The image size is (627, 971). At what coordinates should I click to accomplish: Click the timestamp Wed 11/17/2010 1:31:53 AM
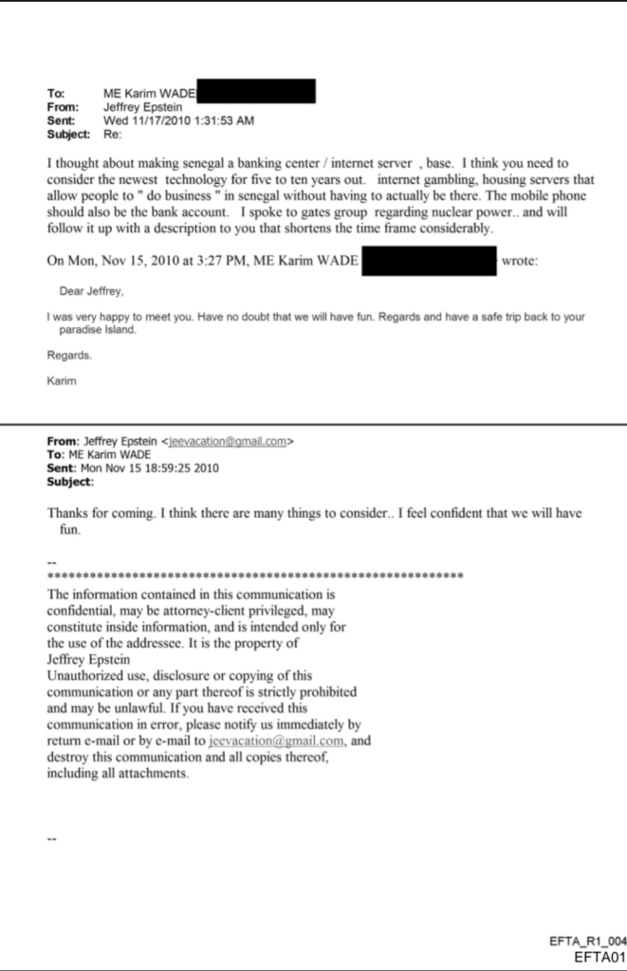click(178, 120)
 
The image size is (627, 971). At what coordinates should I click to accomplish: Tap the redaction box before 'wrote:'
click(430, 260)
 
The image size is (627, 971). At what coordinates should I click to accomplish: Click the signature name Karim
click(62, 381)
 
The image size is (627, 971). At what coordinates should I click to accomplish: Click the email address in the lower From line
click(228, 441)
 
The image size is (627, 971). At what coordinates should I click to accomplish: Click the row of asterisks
click(254, 576)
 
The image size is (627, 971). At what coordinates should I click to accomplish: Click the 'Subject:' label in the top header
click(68, 134)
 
